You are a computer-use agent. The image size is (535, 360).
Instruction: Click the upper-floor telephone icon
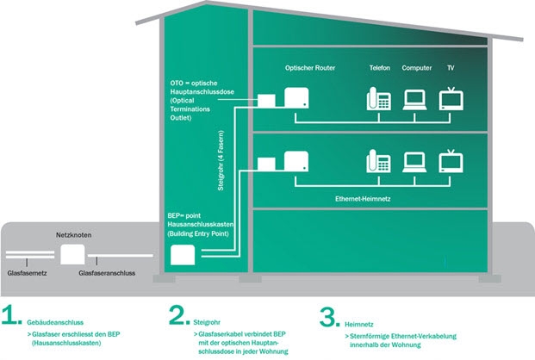click(379, 99)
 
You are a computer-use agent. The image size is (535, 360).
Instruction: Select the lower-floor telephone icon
click(379, 161)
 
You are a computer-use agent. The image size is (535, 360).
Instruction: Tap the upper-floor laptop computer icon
click(414, 100)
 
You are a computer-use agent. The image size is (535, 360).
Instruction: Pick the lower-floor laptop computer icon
click(414, 163)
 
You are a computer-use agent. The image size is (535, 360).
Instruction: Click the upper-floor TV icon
click(451, 99)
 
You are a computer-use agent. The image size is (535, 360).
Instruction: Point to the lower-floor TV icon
click(451, 161)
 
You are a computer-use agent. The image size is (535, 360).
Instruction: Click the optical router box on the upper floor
click(296, 98)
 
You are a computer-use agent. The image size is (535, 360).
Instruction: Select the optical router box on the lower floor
click(296, 161)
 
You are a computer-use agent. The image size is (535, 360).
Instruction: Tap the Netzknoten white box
click(72, 255)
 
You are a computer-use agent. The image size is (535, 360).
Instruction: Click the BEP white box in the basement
click(183, 255)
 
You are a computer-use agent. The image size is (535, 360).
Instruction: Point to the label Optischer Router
click(310, 68)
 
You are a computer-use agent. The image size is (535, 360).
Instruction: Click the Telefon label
click(380, 68)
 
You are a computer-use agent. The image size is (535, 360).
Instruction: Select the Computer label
click(417, 68)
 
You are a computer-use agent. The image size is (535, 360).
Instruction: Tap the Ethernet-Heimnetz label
click(363, 199)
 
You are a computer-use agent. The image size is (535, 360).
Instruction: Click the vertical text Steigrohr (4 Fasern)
click(221, 160)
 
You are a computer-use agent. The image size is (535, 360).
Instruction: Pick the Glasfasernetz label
click(27, 273)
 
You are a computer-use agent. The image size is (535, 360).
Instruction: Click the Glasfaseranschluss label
click(107, 273)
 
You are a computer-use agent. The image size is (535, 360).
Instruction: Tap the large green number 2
click(179, 315)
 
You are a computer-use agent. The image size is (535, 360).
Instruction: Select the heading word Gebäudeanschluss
click(55, 322)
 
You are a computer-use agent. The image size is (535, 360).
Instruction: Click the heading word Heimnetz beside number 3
click(359, 324)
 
